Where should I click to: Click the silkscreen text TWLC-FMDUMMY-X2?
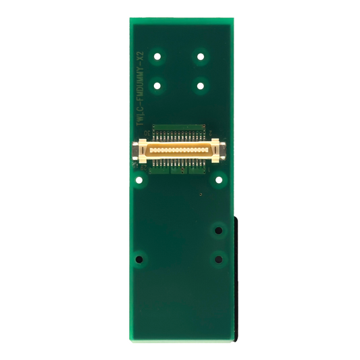pyautogui.click(x=140, y=90)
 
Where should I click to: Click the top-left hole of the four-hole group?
pyautogui.click(x=158, y=56)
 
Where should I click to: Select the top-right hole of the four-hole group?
pyautogui.click(x=201, y=56)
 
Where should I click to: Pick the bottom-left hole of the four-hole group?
pyautogui.click(x=158, y=85)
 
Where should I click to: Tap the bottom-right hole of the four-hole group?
pyautogui.click(x=201, y=85)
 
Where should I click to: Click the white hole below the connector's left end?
pyautogui.click(x=139, y=180)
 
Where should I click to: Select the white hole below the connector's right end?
pyautogui.click(x=219, y=180)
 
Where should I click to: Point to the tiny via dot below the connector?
pyautogui.click(x=201, y=195)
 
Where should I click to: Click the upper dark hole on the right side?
pyautogui.click(x=218, y=230)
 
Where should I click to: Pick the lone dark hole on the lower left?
pyautogui.click(x=140, y=258)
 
